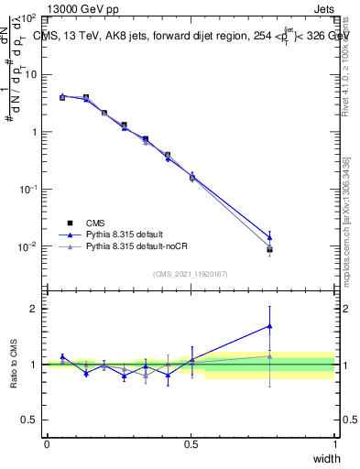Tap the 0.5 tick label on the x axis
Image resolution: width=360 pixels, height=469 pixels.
191,443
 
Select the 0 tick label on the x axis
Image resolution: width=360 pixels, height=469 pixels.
47,443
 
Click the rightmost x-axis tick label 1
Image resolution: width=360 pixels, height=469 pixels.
334,443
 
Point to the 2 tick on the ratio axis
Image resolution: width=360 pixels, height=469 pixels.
35,309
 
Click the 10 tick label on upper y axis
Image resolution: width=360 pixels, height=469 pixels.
29,74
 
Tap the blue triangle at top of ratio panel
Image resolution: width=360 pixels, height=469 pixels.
269,325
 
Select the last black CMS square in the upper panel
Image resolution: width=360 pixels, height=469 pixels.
269,249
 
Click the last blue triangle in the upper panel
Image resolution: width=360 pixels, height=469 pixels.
269,237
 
